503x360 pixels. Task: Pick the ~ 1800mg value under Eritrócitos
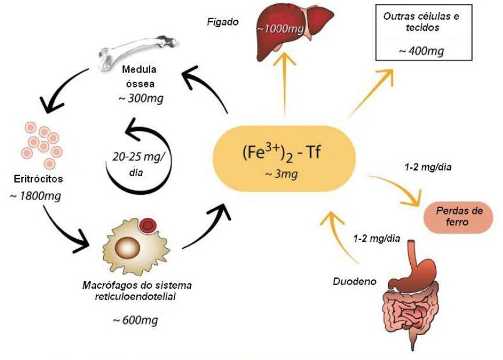tap(36, 196)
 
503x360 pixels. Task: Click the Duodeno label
tap(354, 282)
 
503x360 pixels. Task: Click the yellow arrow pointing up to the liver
tap(285, 87)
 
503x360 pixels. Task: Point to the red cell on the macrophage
tap(149, 224)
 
